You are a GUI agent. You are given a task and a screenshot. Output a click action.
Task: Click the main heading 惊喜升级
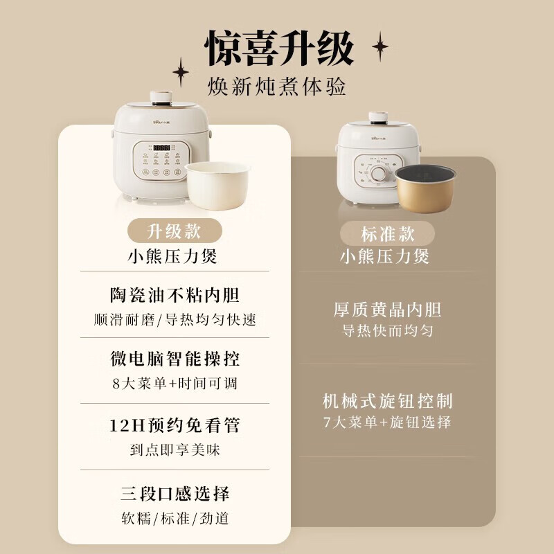click(x=280, y=48)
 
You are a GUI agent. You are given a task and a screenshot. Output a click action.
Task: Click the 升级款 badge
click(x=174, y=231)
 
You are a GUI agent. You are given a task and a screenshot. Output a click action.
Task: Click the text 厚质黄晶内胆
click(x=387, y=309)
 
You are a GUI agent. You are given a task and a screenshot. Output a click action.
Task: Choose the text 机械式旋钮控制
click(x=387, y=401)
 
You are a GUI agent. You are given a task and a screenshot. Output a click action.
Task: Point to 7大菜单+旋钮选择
click(x=387, y=422)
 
